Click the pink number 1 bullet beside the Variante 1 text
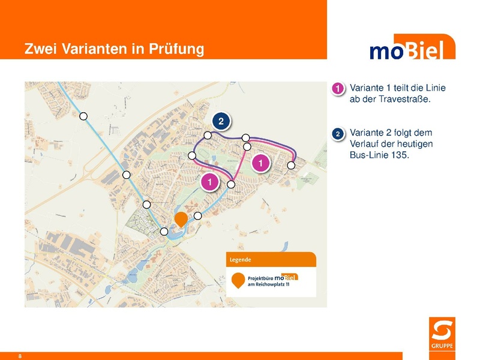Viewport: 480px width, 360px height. tap(338, 89)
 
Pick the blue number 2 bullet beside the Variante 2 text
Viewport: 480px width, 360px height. tap(338, 133)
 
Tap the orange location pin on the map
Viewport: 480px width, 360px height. tap(180, 220)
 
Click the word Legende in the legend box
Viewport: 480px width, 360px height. tap(240, 260)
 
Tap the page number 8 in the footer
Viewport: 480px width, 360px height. tap(20, 356)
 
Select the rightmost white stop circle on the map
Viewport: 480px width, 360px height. tap(291, 165)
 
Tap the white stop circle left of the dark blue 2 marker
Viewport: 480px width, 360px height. tap(208, 135)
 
